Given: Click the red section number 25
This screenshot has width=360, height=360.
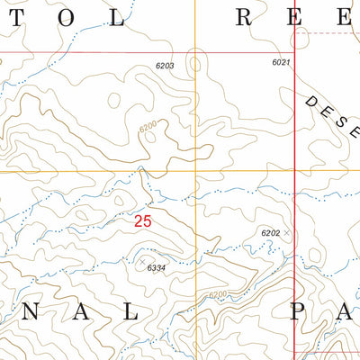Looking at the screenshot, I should pos(142,220).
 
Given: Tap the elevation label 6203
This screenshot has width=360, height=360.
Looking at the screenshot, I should pos(164,66).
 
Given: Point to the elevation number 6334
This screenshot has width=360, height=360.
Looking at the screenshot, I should pos(157,267).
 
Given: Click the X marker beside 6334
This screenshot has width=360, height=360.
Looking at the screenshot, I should pos(141,259).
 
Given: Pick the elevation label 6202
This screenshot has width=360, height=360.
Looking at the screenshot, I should pos(271,233).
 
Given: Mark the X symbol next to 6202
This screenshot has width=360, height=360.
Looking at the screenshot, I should pos(287,233).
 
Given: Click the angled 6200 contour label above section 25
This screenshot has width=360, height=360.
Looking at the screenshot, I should pos(148,128).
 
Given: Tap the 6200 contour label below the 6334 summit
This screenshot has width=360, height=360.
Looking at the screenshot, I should pos(217,294).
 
